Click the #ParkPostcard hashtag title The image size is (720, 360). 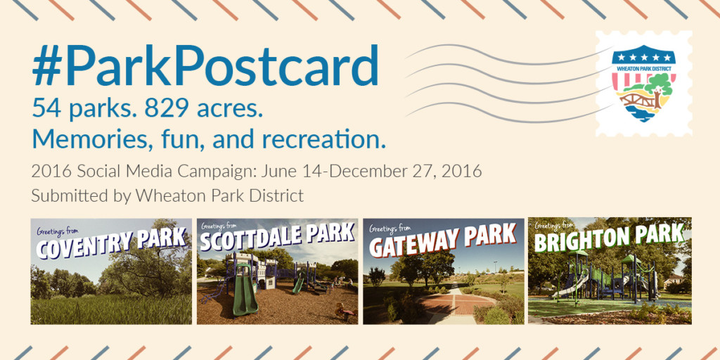205,67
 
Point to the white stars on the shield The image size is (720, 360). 643,57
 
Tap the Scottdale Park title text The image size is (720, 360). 277,239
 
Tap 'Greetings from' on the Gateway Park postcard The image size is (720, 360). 390,229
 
